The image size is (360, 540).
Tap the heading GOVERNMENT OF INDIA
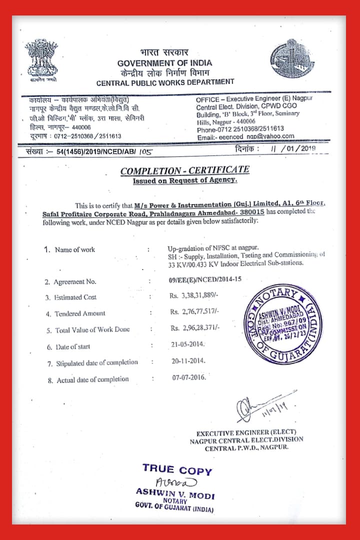(164, 63)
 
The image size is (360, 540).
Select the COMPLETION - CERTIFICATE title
(184, 170)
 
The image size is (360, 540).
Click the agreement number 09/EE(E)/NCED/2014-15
(205, 279)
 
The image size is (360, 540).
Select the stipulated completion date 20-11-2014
(188, 360)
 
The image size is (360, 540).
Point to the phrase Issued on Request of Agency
(184, 181)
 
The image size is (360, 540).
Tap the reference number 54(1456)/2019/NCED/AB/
(90, 150)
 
